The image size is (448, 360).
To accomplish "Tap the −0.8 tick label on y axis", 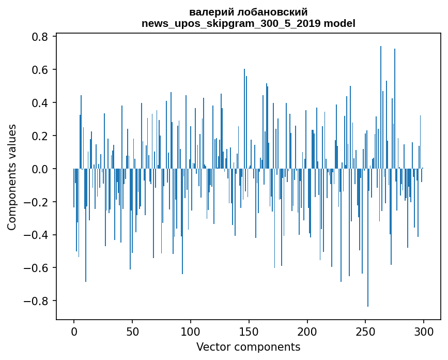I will [x=38, y=301].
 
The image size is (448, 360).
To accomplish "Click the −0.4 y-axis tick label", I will [x=38, y=235].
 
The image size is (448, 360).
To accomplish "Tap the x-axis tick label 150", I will [x=249, y=331].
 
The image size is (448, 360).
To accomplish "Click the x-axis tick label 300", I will [x=424, y=331].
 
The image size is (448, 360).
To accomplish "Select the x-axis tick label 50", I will [x=132, y=331].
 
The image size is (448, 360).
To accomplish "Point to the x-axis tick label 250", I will [x=366, y=331].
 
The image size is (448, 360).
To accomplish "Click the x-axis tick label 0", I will [x=74, y=331].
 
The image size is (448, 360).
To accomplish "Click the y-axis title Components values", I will [x=12, y=177].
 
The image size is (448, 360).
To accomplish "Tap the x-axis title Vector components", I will [x=248, y=347].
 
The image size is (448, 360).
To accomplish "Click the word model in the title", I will [x=339, y=23].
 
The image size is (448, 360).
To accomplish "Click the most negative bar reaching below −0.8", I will [x=368, y=238].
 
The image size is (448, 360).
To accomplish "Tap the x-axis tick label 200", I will [x=307, y=331].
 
